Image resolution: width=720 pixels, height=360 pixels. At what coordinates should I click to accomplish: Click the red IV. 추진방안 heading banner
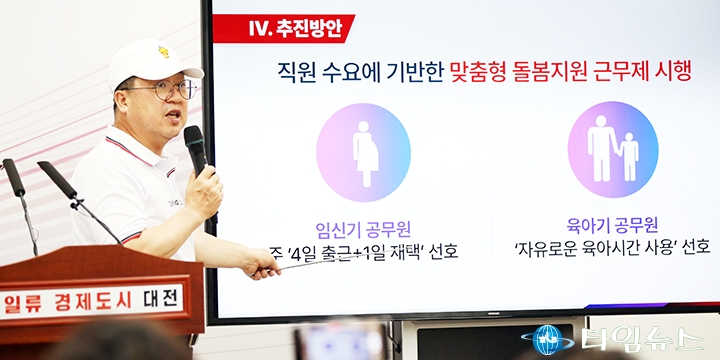click(283, 28)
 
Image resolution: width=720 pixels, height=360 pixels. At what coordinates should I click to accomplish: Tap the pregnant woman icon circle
click(363, 152)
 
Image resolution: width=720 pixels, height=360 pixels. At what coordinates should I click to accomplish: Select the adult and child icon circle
click(613, 150)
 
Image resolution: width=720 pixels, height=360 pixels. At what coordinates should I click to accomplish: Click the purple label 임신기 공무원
click(363, 230)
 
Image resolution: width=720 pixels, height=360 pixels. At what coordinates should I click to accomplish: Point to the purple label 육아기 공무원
click(613, 226)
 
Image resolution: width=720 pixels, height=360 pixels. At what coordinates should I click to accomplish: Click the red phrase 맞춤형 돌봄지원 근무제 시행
click(570, 72)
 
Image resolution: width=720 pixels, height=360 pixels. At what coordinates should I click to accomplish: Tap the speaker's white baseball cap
click(151, 63)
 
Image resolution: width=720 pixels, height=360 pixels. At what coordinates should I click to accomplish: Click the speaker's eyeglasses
click(172, 90)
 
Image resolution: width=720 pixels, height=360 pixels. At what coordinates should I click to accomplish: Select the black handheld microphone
click(196, 151)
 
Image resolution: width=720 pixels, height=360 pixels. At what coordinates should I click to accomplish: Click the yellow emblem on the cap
click(164, 51)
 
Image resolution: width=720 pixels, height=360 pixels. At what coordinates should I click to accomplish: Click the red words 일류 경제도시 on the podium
click(68, 303)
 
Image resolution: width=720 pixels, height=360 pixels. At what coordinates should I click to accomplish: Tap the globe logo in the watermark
click(547, 340)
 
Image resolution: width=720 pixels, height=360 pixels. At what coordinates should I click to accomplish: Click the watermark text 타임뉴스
click(642, 339)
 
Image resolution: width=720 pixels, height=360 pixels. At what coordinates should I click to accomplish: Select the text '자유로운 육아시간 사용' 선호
click(613, 248)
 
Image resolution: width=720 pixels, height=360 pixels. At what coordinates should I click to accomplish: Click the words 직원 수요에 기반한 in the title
click(361, 73)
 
